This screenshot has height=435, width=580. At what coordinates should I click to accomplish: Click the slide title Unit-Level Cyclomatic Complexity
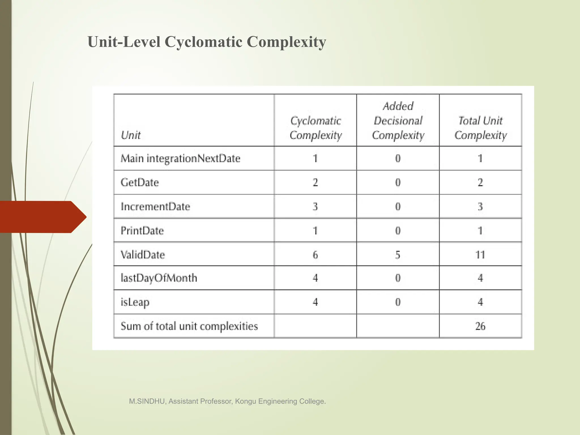(207, 42)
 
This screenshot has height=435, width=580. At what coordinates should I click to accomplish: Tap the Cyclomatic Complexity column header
(315, 128)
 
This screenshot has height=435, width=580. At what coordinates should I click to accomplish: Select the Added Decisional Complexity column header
(398, 121)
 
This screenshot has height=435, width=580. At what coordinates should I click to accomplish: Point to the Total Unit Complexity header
(480, 128)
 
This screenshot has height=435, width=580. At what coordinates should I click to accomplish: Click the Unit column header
(131, 135)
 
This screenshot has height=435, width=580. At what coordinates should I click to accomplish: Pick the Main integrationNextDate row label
(180, 158)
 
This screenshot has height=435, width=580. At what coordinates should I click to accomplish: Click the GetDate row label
(140, 182)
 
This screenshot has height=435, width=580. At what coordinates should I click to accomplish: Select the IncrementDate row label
(155, 206)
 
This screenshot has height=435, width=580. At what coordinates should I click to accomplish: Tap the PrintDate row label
(142, 231)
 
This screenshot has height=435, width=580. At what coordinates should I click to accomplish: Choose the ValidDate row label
(143, 255)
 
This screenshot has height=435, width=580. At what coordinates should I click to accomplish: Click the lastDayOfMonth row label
(159, 278)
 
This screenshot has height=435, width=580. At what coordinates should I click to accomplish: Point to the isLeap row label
(135, 302)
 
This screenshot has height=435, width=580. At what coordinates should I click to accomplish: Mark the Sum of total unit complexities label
(189, 326)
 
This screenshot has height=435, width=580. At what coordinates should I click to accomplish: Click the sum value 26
(480, 326)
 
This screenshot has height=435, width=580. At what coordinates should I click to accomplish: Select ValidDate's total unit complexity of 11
(480, 255)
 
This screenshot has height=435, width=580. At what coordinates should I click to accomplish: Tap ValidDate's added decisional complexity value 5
(398, 255)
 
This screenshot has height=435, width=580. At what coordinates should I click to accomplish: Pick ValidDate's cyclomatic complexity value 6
(315, 255)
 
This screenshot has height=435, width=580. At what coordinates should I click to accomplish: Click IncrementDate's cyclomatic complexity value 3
(315, 206)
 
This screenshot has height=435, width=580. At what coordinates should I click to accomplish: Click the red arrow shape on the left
(42, 217)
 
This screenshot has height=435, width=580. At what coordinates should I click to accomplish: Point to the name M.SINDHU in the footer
(147, 401)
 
